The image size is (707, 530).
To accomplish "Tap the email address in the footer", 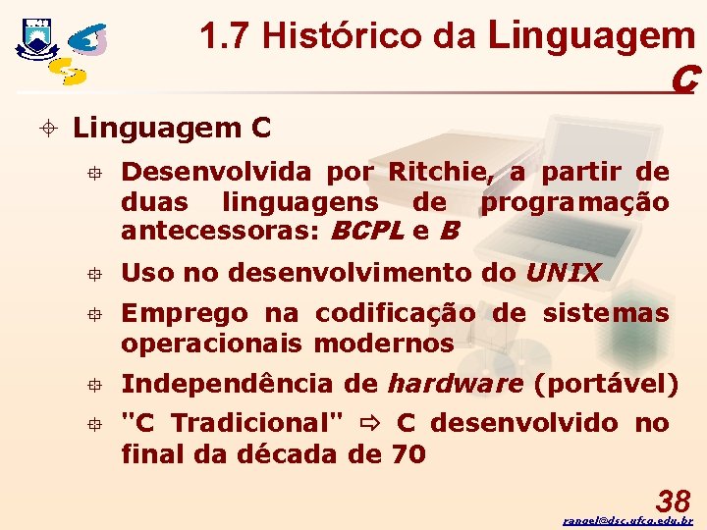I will point(627,520).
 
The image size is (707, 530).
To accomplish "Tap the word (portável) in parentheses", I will point(606,383).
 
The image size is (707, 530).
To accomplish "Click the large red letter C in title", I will point(684,79).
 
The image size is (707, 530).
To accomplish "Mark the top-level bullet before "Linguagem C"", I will point(50,129).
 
